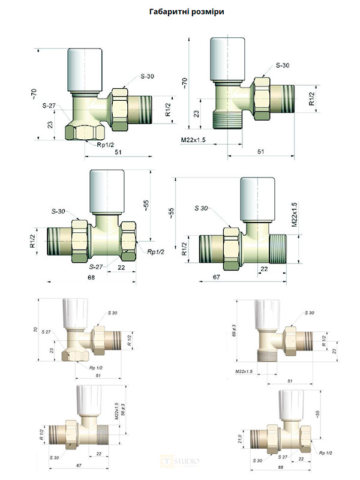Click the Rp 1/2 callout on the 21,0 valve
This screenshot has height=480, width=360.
[x=326, y=453]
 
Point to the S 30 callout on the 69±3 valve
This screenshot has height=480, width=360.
[x=310, y=313]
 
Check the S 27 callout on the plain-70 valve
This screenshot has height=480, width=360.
[x=45, y=340]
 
